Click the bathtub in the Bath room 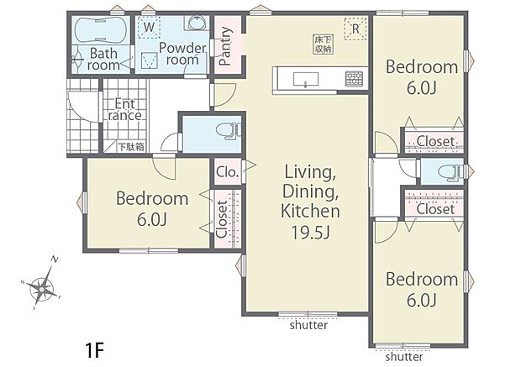point(100,30)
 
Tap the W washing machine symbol point(150,27)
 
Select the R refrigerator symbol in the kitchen point(355,29)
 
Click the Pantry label point(225,46)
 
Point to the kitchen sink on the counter point(306,80)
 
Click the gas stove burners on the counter point(354,79)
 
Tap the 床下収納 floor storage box point(324,45)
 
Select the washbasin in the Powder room point(197,23)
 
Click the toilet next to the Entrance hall point(229,130)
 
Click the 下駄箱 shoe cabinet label point(132,146)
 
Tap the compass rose point(42,287)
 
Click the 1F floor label point(95,350)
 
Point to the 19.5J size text point(310,233)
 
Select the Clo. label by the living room point(228,172)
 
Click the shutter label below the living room point(308,325)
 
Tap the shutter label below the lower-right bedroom point(404,357)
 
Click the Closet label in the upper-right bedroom point(435,141)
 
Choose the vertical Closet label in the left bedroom point(222,219)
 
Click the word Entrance point(125,110)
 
